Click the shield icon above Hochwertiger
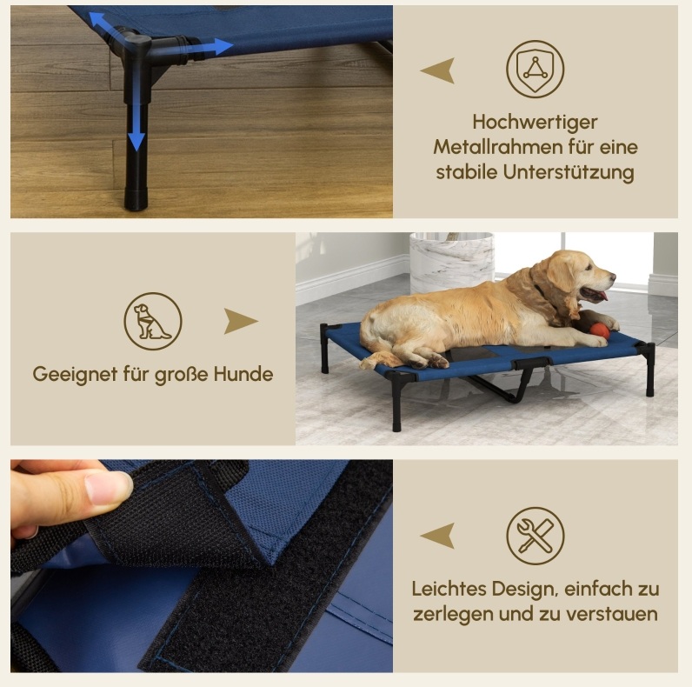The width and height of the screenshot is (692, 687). tap(535, 69)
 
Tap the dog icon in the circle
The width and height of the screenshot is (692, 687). tap(153, 321)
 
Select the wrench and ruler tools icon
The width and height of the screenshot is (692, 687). tap(536, 536)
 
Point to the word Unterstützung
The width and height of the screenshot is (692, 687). tap(569, 172)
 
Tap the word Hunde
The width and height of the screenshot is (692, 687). tap(243, 374)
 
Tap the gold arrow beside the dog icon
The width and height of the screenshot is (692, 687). tap(241, 321)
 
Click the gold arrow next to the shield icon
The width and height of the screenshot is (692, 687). tap(438, 70)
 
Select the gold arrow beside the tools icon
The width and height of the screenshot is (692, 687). tap(438, 536)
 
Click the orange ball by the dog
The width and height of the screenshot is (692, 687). tap(600, 330)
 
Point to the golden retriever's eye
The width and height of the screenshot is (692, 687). tap(589, 267)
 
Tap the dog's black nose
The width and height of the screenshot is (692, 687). tap(613, 276)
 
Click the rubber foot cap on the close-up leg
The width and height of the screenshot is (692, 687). tap(136, 198)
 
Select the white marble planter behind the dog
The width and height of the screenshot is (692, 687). tap(451, 263)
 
